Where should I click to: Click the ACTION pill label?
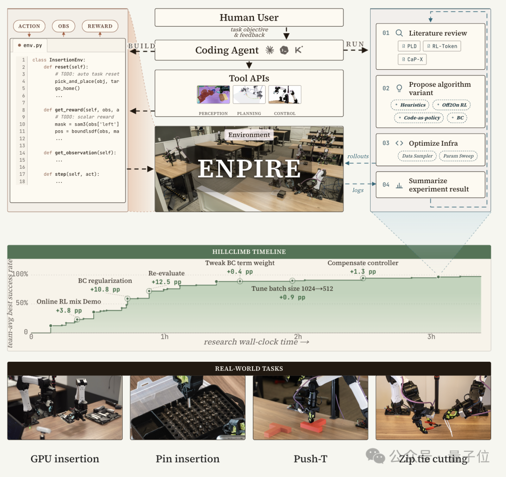pos(29,26)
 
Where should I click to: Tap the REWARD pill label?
pos(100,26)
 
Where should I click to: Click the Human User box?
pos(249,17)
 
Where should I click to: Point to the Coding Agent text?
pos(227,50)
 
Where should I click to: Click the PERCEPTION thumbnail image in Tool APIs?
pos(213,94)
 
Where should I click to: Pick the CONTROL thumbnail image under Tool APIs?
pos(285,94)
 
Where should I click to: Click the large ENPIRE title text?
pos(249,169)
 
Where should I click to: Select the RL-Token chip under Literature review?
pos(442,46)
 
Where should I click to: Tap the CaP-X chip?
pos(412,60)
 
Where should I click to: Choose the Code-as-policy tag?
pos(419,118)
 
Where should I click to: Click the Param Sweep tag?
pos(458,156)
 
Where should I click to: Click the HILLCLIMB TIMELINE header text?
pos(249,252)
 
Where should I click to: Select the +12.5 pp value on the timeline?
pos(166,282)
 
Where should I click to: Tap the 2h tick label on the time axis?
pos(298,336)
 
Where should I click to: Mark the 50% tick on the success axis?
pos(22,303)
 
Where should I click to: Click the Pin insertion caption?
pos(187,459)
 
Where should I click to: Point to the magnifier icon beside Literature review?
pos(399,33)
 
